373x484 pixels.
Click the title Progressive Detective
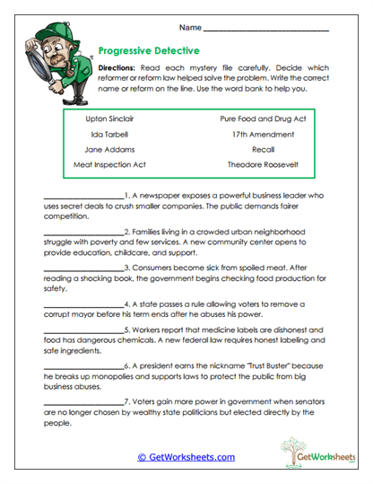point(148,51)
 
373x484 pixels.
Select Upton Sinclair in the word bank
point(108,119)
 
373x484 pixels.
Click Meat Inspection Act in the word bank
point(108,165)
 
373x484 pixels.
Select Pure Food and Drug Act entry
point(263,119)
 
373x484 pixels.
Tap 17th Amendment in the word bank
point(263,134)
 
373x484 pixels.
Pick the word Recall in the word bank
point(263,149)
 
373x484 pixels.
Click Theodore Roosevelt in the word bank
point(263,165)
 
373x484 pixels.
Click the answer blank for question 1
point(82,196)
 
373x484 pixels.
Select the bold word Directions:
point(117,68)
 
